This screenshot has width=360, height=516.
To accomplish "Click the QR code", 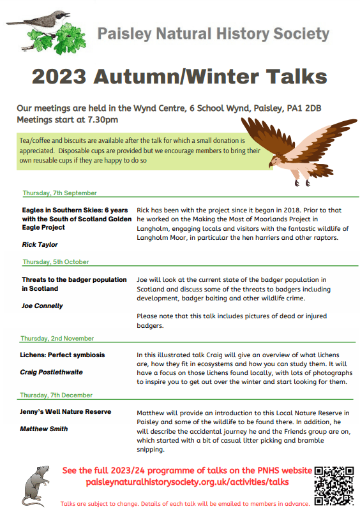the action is point(334,485).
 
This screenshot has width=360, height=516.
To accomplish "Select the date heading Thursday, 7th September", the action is point(59,193).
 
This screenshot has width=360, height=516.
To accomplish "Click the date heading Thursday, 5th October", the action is point(56,262).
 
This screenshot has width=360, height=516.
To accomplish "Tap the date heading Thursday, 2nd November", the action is point(57,338).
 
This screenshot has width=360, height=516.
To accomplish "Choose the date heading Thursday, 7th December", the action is point(57,395).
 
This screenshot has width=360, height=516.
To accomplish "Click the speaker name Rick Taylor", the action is point(40,244).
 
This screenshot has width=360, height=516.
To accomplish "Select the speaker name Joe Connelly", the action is point(42,306).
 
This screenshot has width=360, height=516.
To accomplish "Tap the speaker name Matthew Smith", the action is point(43,429).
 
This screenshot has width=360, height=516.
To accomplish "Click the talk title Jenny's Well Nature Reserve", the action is point(65,412).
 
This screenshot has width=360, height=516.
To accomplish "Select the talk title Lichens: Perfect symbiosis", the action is point(63,355).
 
